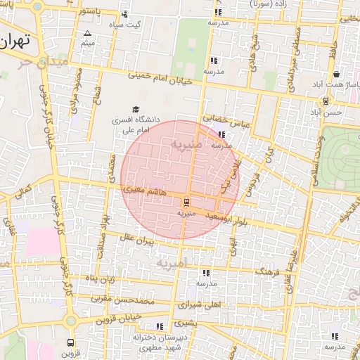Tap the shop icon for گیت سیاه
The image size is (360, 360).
pyautogui.click(x=125, y=14)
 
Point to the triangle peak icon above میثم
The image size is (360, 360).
pyautogui.click(x=87, y=33)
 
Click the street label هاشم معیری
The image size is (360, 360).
pyautogui.click(x=144, y=190)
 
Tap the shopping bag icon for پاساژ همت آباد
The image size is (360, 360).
pyautogui.click(x=337, y=75)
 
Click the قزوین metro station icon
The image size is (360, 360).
pyautogui.click(x=70, y=342)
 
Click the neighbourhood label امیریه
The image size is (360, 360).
pyautogui.click(x=173, y=264)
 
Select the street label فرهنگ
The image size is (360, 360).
pyautogui.click(x=268, y=270)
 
